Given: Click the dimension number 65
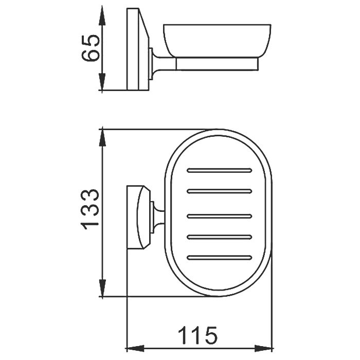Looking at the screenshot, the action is pos(91,48).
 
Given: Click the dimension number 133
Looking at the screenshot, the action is pos(90,210).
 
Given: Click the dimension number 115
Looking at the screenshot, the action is pos(197,336).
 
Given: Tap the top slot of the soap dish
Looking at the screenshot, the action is pos(220,170).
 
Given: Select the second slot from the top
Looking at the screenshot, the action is pos(220,191).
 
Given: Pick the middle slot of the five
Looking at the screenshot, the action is pos(220,216).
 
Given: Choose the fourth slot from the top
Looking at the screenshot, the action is pos(220,237).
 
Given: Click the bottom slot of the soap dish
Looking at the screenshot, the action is pos(220,258).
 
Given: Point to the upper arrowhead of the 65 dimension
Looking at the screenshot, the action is pos(102,16).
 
